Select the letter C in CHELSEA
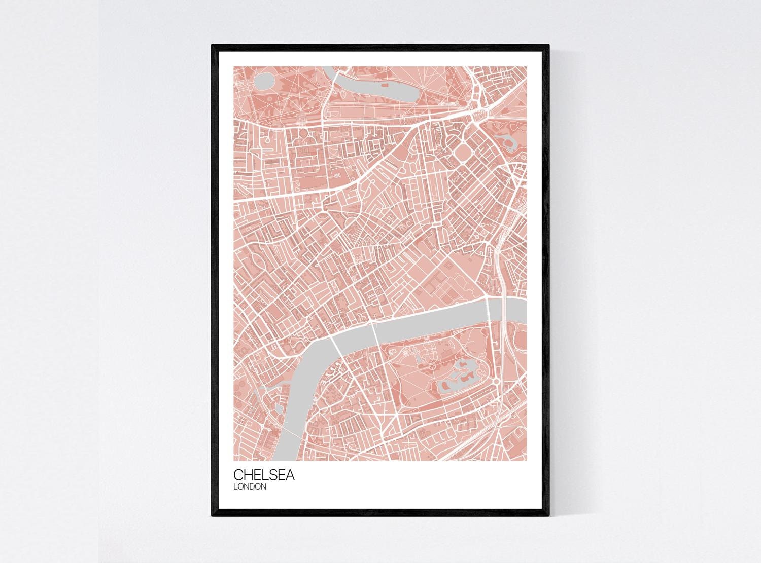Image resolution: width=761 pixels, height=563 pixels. click(x=238, y=475)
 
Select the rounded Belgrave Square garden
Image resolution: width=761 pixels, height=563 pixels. click(x=462, y=153)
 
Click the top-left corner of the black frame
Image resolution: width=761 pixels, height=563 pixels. click(x=212, y=45)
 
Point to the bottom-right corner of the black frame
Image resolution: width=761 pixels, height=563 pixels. click(x=549, y=516)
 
